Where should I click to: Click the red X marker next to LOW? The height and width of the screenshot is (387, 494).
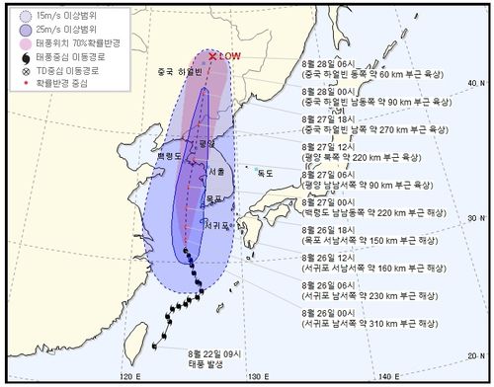pos(212,56)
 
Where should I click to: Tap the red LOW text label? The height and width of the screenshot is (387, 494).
pos(230,56)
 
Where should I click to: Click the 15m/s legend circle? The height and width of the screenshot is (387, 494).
pos(24,17)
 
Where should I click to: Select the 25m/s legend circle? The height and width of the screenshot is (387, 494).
pos(24,30)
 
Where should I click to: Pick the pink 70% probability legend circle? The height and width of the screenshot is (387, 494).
pos(24,43)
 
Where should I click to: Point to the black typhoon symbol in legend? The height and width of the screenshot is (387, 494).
pos(24,57)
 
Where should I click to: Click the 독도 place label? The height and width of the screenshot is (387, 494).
pos(264,173)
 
